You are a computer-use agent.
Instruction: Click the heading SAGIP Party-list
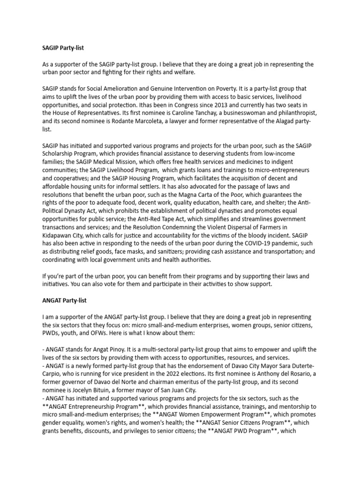pos(63,47)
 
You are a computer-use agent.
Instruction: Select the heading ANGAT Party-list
pos(64,300)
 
